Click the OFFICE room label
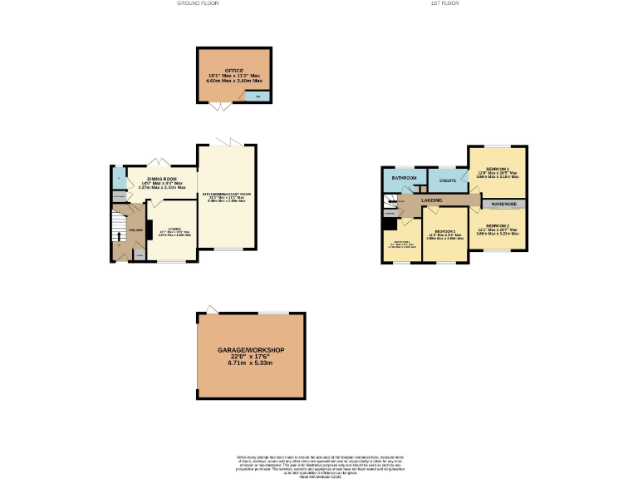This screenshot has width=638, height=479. pos(233,70)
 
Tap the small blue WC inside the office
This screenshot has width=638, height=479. pos(258,97)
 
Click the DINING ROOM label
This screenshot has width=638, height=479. pos(162,179)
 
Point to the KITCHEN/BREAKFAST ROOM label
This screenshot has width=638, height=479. pos(227,195)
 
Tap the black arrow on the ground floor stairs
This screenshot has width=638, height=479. pos(118,236)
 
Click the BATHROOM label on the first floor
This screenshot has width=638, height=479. pos(404,178)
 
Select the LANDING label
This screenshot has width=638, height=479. pos(431,200)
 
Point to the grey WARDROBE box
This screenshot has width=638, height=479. pos(504,204)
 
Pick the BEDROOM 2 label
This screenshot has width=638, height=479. pos(497,225)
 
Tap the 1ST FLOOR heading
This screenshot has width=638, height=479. pos(444,3)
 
